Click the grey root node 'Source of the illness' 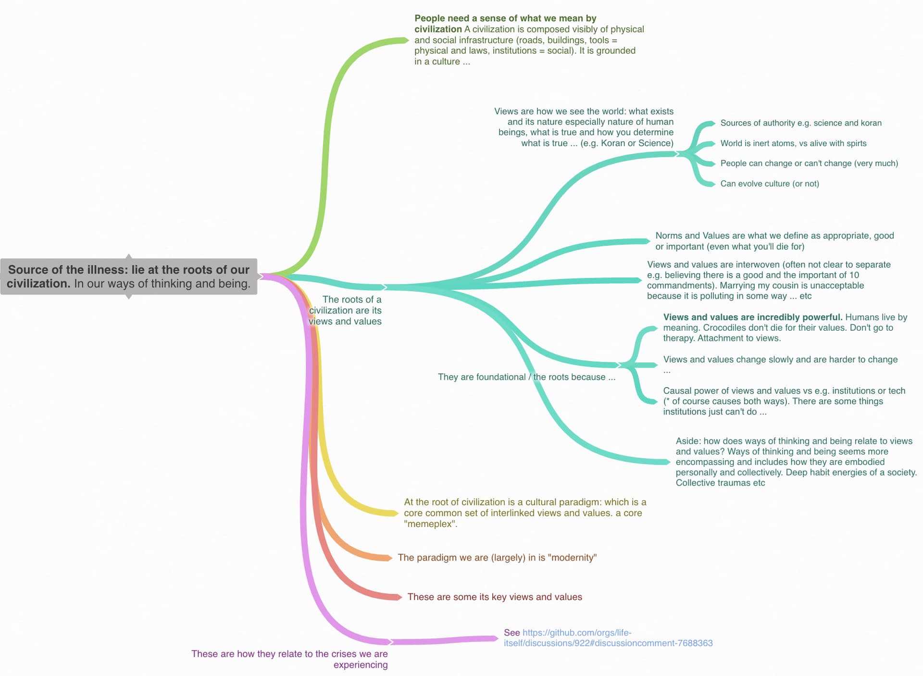point(129,276)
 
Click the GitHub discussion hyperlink point(608,638)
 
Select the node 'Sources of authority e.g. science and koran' point(801,123)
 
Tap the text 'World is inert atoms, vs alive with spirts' point(793,143)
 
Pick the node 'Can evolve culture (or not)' point(770,184)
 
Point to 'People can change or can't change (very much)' point(809,163)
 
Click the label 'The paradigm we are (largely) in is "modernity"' point(497,558)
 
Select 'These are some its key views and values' point(495,597)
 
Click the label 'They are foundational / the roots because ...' point(526,377)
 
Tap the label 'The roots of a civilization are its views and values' point(345,311)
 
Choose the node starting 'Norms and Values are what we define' point(774,241)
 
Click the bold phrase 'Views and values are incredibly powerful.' point(753,317)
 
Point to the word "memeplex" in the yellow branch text point(430,524)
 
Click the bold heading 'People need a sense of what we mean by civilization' point(505,24)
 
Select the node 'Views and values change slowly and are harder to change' point(780,364)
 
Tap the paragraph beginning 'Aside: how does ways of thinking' point(796,462)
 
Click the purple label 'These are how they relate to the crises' point(289,659)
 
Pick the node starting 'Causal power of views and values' point(784,401)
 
